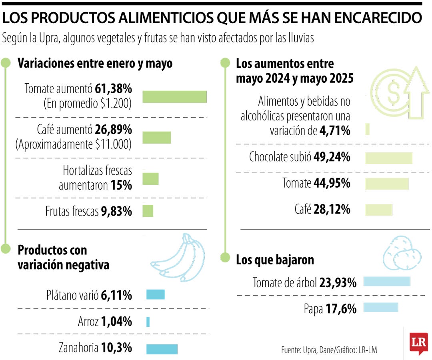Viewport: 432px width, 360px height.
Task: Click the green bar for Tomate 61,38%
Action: [174, 97]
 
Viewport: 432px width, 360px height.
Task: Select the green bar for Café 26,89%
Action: [156, 137]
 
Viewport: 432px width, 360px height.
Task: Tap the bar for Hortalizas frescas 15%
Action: [150, 179]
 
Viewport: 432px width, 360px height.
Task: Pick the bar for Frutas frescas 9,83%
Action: [148, 211]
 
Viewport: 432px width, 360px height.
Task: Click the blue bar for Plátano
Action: [155, 295]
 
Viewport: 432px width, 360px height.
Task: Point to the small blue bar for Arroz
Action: [148, 322]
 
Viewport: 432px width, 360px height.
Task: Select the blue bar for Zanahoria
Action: [162, 349]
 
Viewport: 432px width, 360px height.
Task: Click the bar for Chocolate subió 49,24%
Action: [388, 158]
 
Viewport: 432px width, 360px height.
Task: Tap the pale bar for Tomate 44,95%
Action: [386, 184]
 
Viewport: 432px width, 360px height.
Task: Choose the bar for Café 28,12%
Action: [378, 210]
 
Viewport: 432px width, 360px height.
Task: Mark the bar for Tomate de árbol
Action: [387, 282]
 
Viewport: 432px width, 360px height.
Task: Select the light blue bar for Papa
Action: [381, 307]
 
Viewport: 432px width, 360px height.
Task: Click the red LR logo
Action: [418, 343]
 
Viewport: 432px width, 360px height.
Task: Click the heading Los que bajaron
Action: [275, 260]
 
